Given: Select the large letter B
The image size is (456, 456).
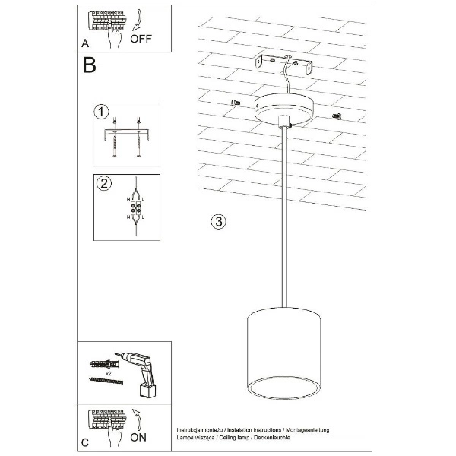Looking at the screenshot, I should click(90, 66).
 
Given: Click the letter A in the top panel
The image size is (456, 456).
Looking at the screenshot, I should click(86, 43).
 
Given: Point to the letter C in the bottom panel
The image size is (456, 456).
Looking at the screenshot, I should click(86, 442).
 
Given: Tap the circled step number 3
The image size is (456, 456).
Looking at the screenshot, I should click(217, 222).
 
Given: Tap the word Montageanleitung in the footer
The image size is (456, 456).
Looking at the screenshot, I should click(309, 430).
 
